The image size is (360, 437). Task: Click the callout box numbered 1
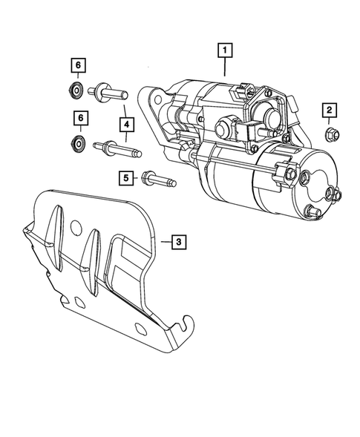click(x=223, y=51)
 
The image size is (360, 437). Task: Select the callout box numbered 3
click(x=178, y=241)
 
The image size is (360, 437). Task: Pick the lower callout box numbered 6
click(x=78, y=117)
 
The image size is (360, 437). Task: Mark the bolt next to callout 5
click(x=158, y=180)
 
